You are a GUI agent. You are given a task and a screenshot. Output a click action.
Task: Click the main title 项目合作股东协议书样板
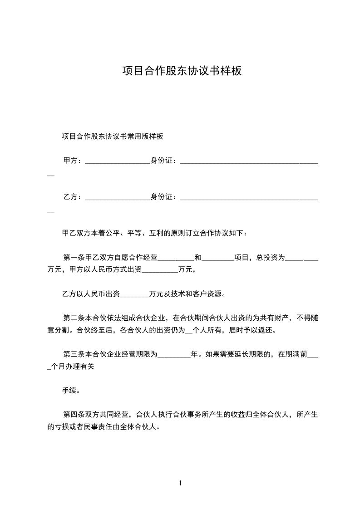coord(180,71)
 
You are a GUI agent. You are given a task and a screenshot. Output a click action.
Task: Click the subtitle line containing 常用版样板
coord(113,137)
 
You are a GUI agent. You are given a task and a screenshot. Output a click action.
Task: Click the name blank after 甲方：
coord(117,162)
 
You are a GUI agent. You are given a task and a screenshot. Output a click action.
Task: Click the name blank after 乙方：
coord(117,198)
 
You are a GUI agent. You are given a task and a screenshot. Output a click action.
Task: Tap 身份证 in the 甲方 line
coord(162,161)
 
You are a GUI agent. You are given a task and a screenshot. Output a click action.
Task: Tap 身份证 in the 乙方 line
coord(162,197)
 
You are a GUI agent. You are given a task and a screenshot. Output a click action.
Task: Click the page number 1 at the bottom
coord(180,483)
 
